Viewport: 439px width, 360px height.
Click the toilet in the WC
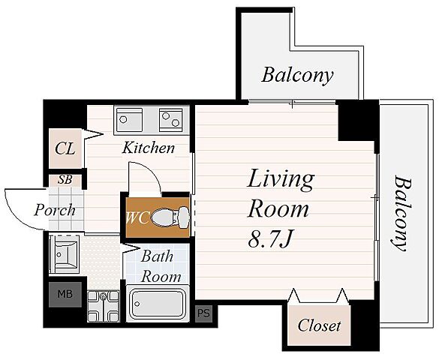(x=170, y=216)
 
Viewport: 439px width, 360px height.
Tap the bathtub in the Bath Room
(x=158, y=304)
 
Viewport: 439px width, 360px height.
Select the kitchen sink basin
(x=129, y=120)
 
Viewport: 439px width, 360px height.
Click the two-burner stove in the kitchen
(x=171, y=120)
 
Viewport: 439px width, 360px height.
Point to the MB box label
(x=65, y=294)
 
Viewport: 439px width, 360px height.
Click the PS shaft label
(x=203, y=313)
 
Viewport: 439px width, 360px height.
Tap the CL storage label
(x=65, y=148)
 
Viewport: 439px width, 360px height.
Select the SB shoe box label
(x=65, y=179)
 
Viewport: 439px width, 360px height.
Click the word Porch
(x=55, y=210)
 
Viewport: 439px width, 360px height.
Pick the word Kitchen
(x=149, y=148)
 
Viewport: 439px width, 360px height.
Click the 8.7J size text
(x=270, y=240)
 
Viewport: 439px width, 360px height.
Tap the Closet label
(x=319, y=325)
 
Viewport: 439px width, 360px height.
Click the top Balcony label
(x=297, y=75)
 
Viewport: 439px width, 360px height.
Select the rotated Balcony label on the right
(x=400, y=213)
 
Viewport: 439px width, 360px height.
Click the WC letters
(x=137, y=217)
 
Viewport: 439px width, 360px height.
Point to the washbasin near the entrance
(x=65, y=254)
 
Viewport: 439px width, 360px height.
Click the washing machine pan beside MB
(x=104, y=306)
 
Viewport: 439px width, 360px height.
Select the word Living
(x=281, y=181)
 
